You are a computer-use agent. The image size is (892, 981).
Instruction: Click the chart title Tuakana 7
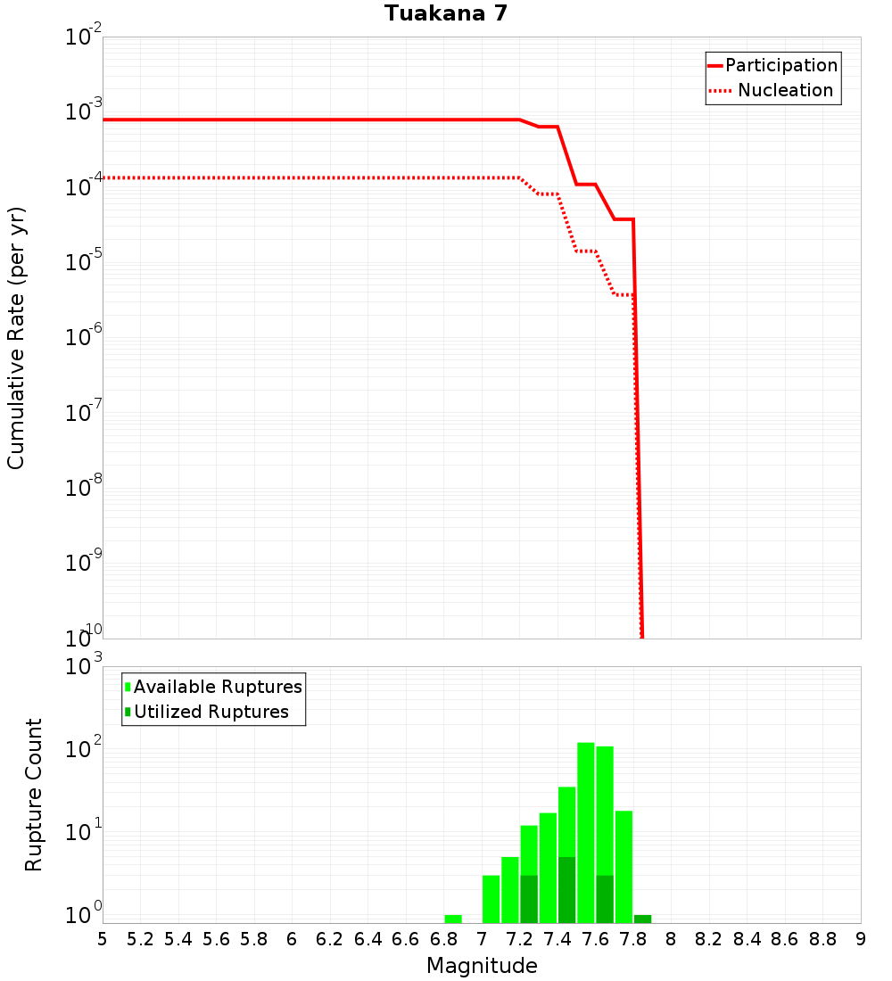(x=446, y=14)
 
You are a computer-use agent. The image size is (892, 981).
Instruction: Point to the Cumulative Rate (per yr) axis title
(x=16, y=338)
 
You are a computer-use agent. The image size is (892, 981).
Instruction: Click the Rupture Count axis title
(x=34, y=795)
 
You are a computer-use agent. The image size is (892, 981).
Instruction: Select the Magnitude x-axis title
(x=482, y=966)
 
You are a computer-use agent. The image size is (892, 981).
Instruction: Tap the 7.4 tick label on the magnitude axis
(x=557, y=939)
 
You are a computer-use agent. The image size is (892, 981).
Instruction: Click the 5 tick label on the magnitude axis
(x=103, y=939)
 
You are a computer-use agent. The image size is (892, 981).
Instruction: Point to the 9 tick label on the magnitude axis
(x=860, y=939)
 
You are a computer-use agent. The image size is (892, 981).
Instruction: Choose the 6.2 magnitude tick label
(x=330, y=939)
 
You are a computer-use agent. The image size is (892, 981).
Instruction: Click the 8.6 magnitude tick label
(x=785, y=939)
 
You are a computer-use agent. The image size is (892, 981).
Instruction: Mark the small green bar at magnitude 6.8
(x=453, y=919)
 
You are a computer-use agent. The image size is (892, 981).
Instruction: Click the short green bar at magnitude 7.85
(x=643, y=919)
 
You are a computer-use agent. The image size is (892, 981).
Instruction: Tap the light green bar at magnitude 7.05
(x=491, y=899)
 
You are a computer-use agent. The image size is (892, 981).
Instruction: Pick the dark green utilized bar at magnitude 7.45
(x=567, y=890)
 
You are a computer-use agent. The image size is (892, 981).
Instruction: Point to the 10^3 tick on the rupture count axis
(x=86, y=666)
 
